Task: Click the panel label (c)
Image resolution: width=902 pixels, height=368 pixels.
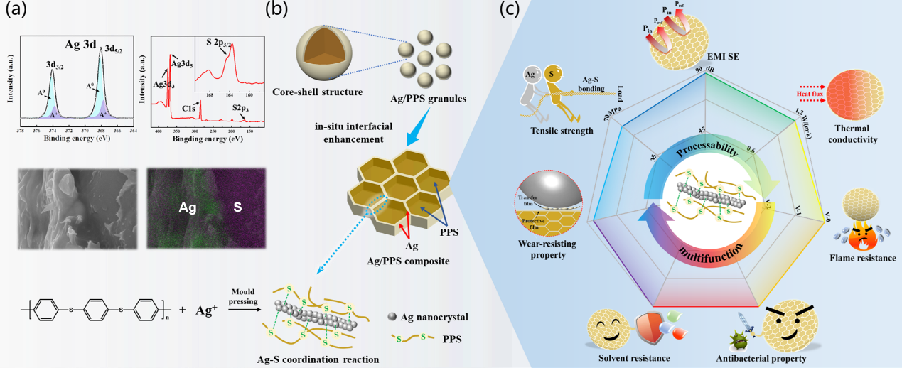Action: tap(515, 11)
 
